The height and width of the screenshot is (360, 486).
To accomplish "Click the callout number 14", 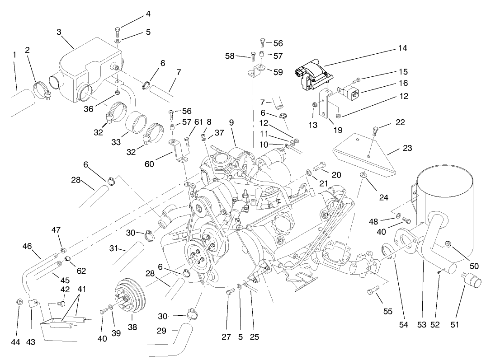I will (x=402, y=48).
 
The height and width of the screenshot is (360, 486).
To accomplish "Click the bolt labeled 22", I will (x=375, y=131).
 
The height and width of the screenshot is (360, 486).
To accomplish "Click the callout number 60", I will (x=150, y=164).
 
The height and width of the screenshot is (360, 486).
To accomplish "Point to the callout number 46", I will (x=27, y=246).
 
